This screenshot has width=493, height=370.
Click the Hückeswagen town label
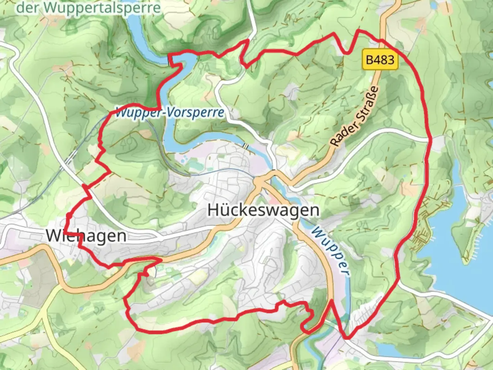pyautogui.click(x=263, y=210)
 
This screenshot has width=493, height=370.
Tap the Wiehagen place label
pyautogui.click(x=86, y=236)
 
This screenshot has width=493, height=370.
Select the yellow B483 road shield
pyautogui.click(x=380, y=60)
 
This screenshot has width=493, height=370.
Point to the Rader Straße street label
pyautogui.click(x=355, y=116)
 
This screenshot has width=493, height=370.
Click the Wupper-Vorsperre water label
pyautogui.click(x=170, y=112)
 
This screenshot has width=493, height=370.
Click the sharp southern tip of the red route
pyautogui.click(x=346, y=338)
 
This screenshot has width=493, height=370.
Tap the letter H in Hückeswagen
pyautogui.click(x=213, y=210)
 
